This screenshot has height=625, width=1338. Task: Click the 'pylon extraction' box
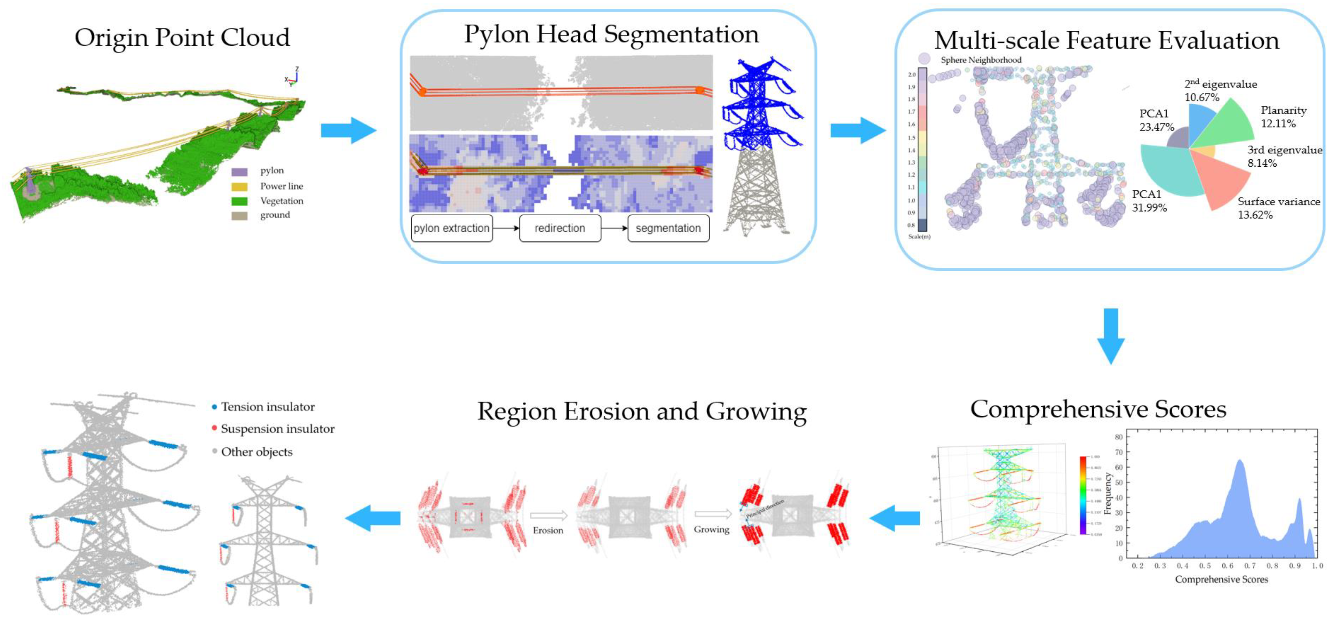pos(451,228)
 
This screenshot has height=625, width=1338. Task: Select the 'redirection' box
pos(560,228)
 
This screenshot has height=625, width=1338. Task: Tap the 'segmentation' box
pos(668,228)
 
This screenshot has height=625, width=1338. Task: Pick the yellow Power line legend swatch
pos(239,186)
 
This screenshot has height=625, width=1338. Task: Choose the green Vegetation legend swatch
pos(239,201)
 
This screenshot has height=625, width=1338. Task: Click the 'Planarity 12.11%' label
pos(1283,117)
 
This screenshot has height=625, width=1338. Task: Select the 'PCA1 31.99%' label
pos(1149,201)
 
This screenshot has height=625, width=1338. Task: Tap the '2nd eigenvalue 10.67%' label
pos(1220,90)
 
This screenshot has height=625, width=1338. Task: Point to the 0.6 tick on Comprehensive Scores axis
pos(1227,566)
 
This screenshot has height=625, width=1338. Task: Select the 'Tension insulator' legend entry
pos(267,407)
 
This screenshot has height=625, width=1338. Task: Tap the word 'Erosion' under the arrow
pos(548,530)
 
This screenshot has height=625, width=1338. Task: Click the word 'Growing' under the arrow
pos(711,530)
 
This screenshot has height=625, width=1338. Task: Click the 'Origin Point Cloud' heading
pos(182,38)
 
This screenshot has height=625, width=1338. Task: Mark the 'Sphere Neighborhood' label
pos(981,60)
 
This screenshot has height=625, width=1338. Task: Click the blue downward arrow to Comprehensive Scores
pos(1110,336)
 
